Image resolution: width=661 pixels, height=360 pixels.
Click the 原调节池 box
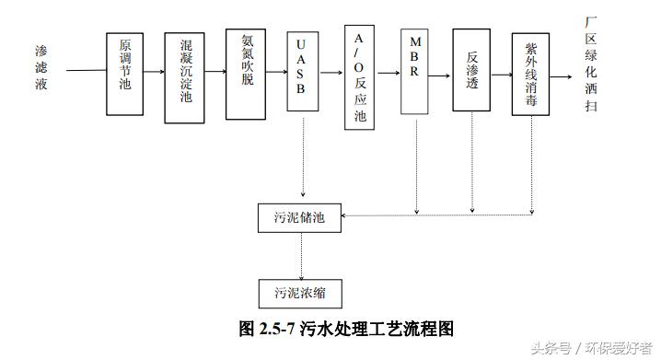[x=124, y=73]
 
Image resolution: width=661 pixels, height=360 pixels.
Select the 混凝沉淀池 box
[x=184, y=77]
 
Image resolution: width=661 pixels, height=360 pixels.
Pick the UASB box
[x=303, y=69]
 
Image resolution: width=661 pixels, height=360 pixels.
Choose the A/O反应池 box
[x=359, y=77]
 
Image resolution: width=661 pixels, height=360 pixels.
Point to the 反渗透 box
[x=471, y=69]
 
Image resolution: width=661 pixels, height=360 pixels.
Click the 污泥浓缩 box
[x=300, y=292]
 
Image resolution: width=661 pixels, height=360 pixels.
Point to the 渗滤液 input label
[x=41, y=69]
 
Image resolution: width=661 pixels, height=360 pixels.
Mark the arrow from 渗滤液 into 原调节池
[x=83, y=69]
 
